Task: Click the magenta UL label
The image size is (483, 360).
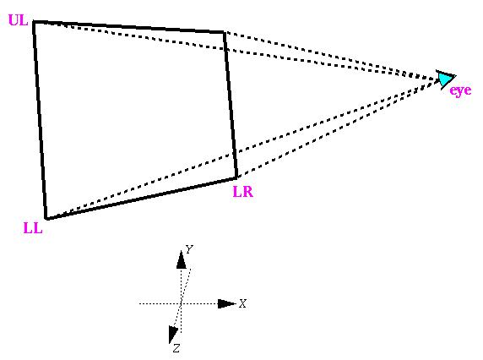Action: pos(19,20)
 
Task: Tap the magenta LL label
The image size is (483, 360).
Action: pos(33,228)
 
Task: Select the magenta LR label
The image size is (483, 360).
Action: pos(243,192)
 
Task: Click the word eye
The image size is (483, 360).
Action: pos(460,90)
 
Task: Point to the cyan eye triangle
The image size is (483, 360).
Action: pos(445,79)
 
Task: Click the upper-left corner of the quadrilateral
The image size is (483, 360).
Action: pos(34,22)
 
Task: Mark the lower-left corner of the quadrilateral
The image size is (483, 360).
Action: pos(46,219)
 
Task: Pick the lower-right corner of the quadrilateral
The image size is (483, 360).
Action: pos(236,177)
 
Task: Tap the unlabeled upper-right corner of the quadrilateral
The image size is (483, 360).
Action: pos(225,32)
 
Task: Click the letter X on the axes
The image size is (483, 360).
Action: pos(242,303)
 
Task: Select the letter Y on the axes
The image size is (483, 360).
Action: pos(189,248)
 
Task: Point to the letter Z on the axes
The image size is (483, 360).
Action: pos(176,348)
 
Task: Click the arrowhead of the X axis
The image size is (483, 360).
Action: pos(226,303)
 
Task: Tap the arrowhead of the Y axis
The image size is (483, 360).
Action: pos(181,259)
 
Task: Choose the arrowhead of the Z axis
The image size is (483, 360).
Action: pos(173,335)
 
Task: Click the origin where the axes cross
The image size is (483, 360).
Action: pos(181,303)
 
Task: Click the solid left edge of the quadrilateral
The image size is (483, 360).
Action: pos(40,120)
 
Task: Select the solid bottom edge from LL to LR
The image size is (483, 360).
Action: pos(141,199)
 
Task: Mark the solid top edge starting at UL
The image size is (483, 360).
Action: pos(129,27)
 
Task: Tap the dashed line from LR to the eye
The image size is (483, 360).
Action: pos(339,128)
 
